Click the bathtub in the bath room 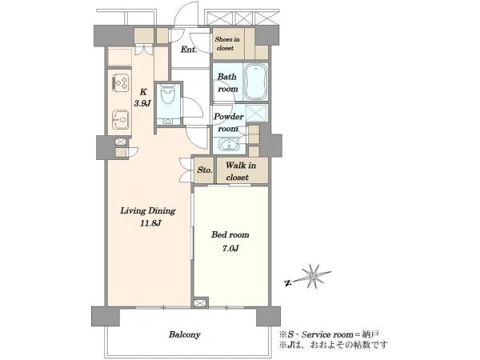[x=256, y=82]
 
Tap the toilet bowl [x=167, y=95]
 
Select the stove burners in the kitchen [x=122, y=82]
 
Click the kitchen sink [x=121, y=120]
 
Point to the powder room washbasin [x=229, y=144]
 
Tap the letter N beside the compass [x=287, y=283]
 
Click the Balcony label [x=185, y=334]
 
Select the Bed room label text [x=230, y=234]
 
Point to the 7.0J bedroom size [x=230, y=248]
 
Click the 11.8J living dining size [x=150, y=223]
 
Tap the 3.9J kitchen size [x=142, y=103]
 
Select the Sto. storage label [x=205, y=170]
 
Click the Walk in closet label [x=240, y=171]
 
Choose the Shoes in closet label [x=227, y=43]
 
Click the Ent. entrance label [x=188, y=50]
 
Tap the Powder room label [x=229, y=122]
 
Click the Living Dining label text [x=148, y=211]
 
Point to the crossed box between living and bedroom [x=200, y=302]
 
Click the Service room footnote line [x=330, y=334]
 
